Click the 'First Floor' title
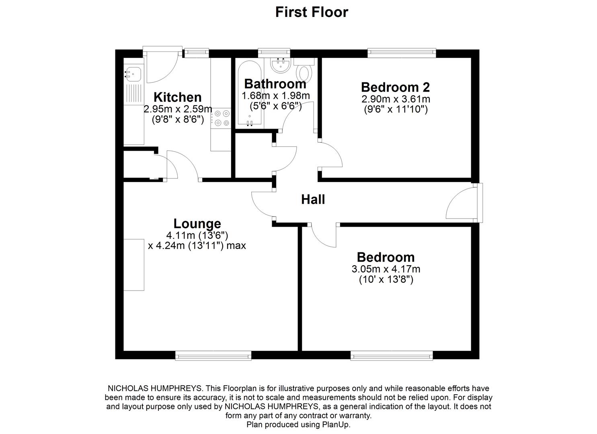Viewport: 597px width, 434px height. [311, 12]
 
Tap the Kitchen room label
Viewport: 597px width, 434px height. [177, 97]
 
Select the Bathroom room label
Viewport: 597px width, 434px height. [275, 84]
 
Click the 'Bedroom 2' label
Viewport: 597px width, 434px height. [395, 87]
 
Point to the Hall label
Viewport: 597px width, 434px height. [313, 200]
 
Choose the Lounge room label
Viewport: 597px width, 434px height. [197, 223]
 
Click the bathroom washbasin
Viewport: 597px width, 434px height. [280, 66]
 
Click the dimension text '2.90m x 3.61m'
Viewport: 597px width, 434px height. [396, 99]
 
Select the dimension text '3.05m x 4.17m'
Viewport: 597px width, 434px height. [386, 269]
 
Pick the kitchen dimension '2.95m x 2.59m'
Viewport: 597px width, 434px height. [178, 109]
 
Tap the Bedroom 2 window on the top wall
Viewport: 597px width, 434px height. [402, 52]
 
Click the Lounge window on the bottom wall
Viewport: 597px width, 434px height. [213, 355]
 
